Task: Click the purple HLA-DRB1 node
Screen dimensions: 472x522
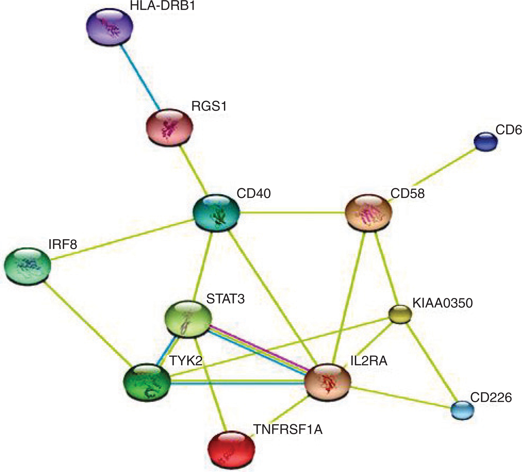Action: coord(110,26)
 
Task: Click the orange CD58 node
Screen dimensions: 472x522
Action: coord(369,213)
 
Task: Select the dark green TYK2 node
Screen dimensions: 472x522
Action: coord(147,381)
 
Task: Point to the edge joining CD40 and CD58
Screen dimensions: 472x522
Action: coord(292,212)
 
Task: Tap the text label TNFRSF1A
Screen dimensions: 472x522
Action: coord(288,429)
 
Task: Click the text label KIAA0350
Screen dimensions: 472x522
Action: coord(442,303)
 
